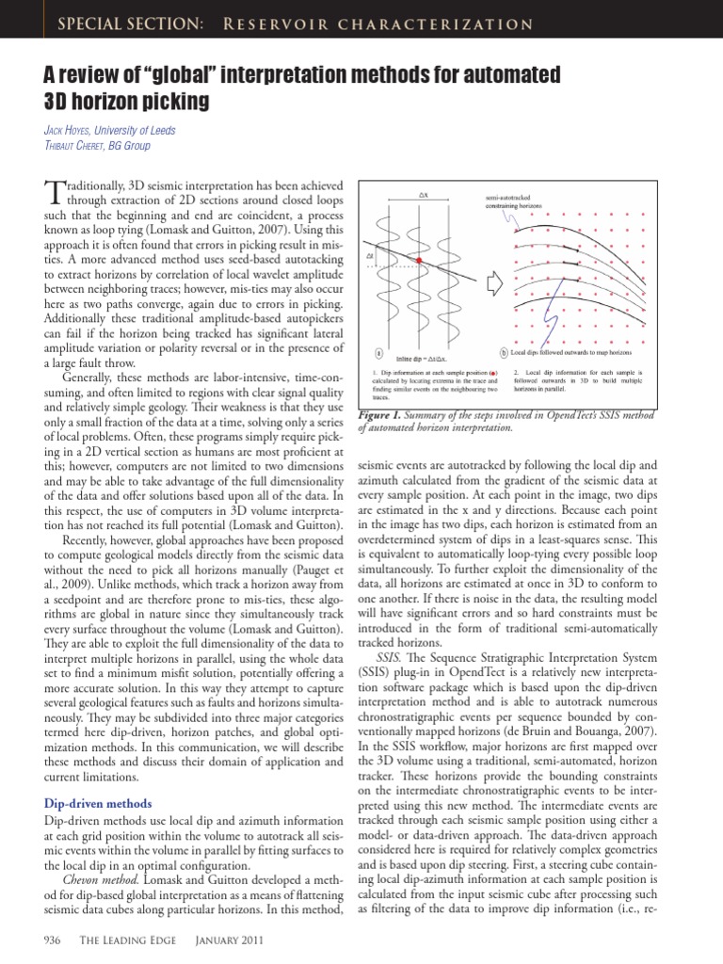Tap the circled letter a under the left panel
point(378,354)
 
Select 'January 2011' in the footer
point(230,940)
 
